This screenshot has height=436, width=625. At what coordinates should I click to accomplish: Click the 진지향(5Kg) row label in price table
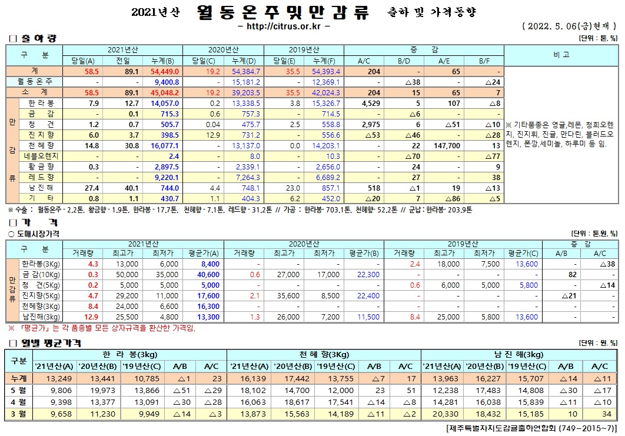(x=41, y=295)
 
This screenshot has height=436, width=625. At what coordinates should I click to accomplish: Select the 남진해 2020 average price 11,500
(x=368, y=317)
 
